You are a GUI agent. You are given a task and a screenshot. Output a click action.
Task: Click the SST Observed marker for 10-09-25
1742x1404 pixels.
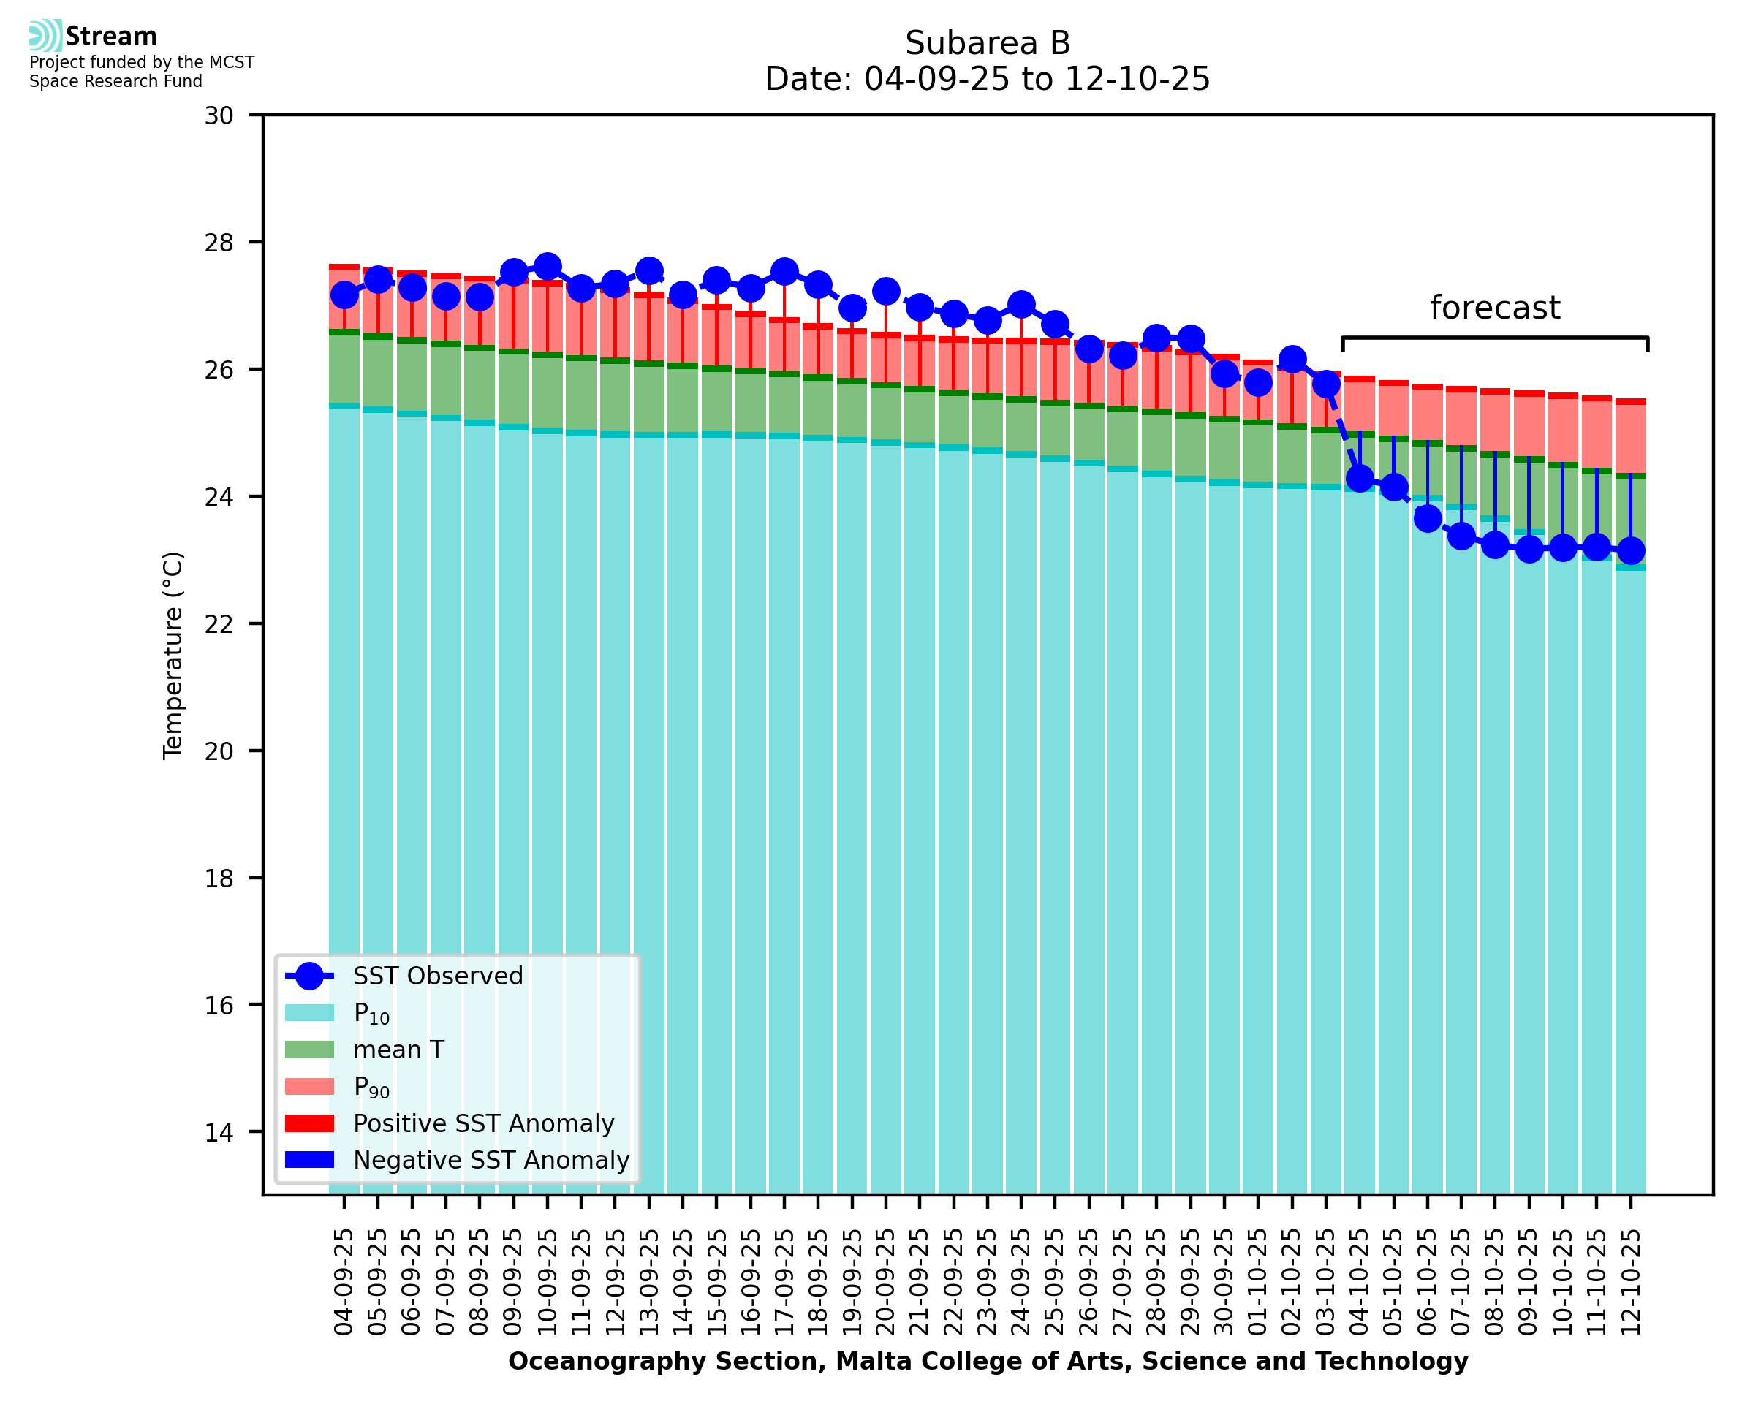pyautogui.click(x=548, y=266)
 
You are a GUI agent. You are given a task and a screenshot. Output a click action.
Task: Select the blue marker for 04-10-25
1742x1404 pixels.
pyautogui.click(x=1360, y=478)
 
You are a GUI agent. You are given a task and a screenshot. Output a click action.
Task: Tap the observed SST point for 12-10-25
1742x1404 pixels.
pyautogui.click(x=1630, y=551)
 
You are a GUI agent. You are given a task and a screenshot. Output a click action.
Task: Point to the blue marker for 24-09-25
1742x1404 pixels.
pyautogui.click(x=1021, y=305)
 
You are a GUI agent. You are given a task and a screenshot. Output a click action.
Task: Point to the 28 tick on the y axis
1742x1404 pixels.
pyautogui.click(x=219, y=243)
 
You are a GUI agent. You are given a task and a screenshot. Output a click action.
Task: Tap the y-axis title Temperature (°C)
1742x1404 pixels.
pyautogui.click(x=173, y=656)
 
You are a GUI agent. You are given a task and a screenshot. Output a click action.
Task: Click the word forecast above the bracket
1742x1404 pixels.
pyautogui.click(x=1494, y=308)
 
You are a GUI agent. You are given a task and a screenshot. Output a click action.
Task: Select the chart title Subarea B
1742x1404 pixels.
pyautogui.click(x=988, y=43)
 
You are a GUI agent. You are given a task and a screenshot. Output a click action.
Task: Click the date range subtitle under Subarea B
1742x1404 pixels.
pyautogui.click(x=988, y=79)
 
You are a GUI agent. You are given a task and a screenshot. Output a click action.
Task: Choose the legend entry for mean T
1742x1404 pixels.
pyautogui.click(x=398, y=1050)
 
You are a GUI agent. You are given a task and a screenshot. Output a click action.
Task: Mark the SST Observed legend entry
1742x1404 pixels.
pyautogui.click(x=438, y=976)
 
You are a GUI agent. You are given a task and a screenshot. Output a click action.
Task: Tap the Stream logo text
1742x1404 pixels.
pyautogui.click(x=111, y=37)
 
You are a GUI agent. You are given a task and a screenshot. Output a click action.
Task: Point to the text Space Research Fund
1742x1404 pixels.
pyautogui.click(x=115, y=82)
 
